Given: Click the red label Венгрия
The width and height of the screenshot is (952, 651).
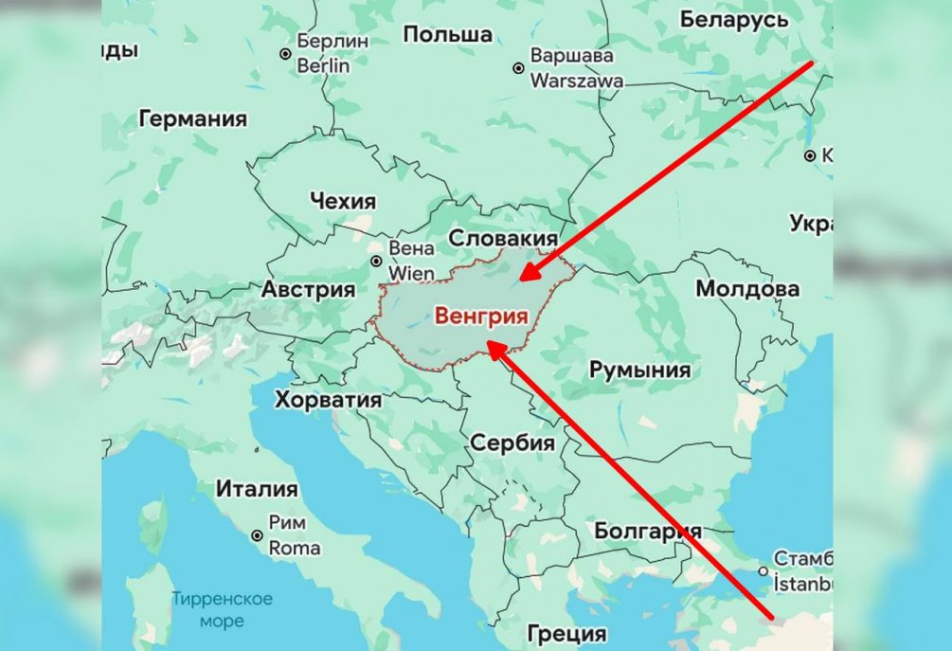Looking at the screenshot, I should (480, 316).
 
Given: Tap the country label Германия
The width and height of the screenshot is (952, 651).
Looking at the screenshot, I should (192, 119).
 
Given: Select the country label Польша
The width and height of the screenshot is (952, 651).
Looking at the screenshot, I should (448, 35).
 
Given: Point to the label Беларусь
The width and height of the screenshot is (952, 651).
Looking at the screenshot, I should (734, 19).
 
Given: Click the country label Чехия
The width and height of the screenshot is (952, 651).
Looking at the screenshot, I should (342, 201).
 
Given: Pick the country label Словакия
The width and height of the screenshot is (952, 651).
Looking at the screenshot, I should (503, 237).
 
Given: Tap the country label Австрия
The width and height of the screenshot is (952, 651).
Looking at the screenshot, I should (308, 289).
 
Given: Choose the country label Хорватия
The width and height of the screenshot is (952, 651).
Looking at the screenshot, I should (328, 400).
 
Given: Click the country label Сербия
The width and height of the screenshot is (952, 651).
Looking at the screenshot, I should (512, 443).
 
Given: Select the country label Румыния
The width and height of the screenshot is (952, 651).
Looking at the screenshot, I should (640, 370).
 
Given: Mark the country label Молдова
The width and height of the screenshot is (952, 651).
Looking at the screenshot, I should (747, 288).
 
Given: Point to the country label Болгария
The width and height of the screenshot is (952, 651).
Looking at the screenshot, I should (648, 531).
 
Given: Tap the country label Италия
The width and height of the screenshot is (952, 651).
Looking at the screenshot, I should (257, 490).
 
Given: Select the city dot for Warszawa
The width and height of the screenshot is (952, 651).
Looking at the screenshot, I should (518, 68).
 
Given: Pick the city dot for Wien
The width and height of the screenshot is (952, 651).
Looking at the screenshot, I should (376, 261).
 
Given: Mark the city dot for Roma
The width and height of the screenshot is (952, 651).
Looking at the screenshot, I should (257, 535).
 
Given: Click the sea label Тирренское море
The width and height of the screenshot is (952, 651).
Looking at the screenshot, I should (222, 609).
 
